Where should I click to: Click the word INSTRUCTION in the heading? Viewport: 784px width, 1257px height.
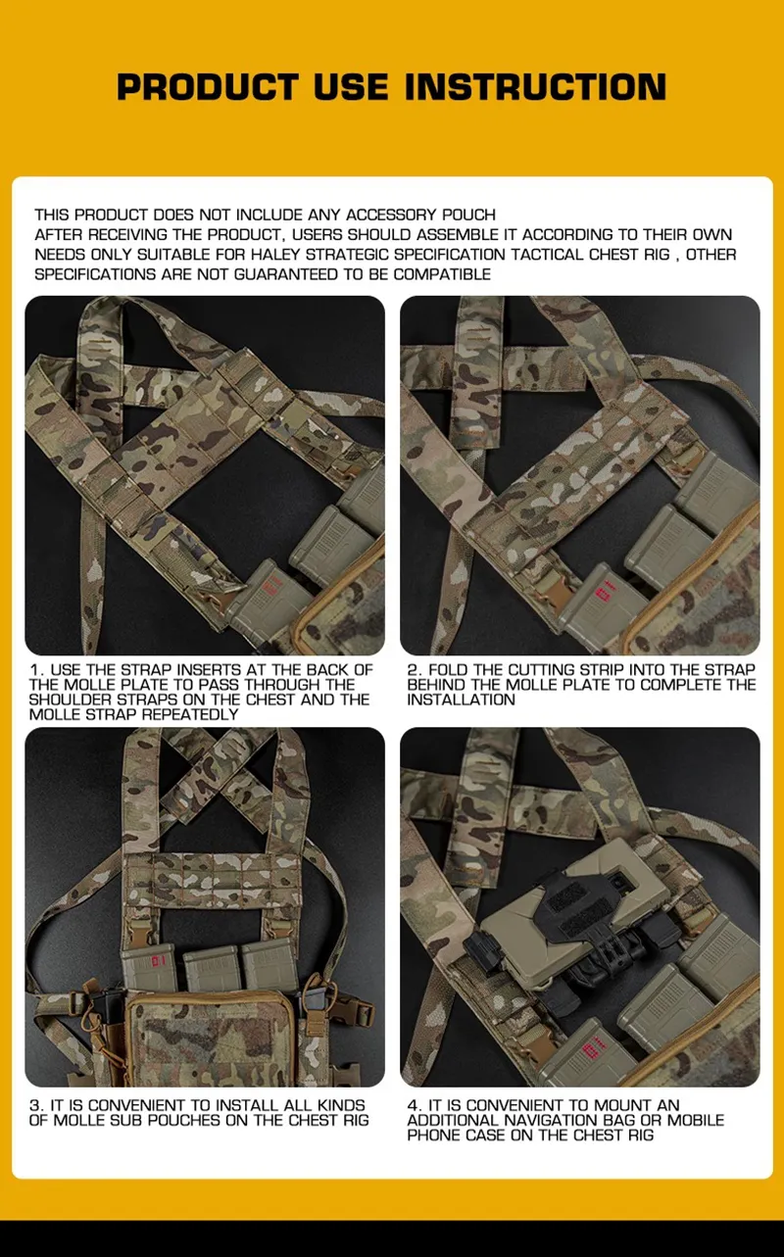(536, 87)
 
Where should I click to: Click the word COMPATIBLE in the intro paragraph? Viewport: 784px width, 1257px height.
(442, 274)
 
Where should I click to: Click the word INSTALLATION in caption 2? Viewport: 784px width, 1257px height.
(461, 700)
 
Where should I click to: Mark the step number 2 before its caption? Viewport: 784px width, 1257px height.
(413, 670)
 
